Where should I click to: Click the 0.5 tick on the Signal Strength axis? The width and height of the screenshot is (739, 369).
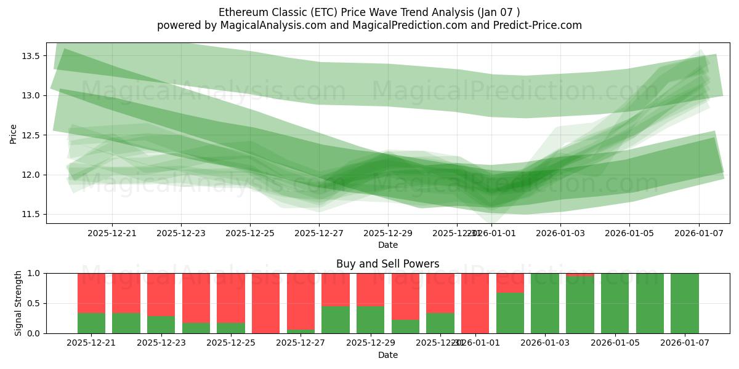tap(32, 303)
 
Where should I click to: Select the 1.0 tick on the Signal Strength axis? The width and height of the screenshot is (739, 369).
tap(32, 273)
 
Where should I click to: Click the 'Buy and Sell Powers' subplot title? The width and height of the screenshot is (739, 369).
tap(387, 264)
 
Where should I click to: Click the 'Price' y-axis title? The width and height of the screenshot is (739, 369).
tap(14, 133)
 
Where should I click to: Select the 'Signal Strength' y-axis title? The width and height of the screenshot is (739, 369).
tap(18, 303)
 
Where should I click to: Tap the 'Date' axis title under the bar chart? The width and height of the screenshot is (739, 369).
tap(387, 355)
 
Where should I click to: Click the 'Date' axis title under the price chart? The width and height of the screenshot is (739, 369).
tap(387, 245)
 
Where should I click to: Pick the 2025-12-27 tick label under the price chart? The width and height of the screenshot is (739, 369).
tap(319, 233)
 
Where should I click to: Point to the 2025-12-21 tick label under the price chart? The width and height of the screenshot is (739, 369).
tap(112, 233)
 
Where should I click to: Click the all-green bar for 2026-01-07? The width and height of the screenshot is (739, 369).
tap(685, 303)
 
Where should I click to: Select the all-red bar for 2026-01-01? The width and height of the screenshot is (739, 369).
tap(475, 303)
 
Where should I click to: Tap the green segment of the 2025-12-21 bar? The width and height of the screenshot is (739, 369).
tap(91, 323)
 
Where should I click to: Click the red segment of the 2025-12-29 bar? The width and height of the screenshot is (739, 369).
tap(371, 289)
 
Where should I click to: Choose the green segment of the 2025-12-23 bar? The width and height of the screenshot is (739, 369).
tap(161, 325)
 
